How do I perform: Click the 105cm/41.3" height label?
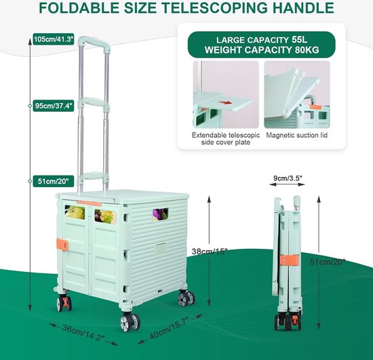[54, 39]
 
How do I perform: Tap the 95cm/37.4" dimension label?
[54, 106]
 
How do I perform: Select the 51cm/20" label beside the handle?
[54, 181]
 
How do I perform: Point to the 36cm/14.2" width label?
[83, 333]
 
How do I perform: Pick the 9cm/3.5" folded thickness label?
[288, 178]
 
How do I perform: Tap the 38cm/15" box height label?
[210, 252]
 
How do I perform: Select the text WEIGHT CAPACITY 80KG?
[262, 50]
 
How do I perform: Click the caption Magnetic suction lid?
[296, 136]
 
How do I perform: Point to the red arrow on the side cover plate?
[226, 103]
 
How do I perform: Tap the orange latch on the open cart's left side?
[62, 245]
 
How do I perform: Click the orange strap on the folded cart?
[289, 260]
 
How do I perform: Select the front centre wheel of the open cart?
[130, 322]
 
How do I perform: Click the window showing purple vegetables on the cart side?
[160, 214]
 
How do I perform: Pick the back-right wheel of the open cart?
[186, 298]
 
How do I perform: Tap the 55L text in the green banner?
[300, 40]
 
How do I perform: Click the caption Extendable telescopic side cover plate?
[226, 138]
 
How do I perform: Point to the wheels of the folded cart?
[288, 321]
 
